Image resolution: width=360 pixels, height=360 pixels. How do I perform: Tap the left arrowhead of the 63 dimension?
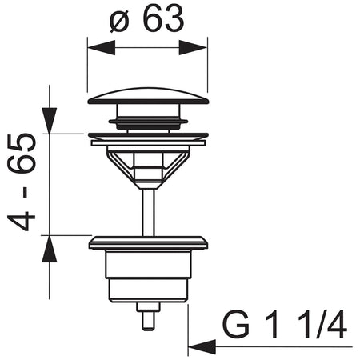point(102,48)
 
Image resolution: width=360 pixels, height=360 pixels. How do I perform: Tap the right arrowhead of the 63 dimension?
point(193,48)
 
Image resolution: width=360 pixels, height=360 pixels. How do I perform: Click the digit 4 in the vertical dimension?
point(22,221)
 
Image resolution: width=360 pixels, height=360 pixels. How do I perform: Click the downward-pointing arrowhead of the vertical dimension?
point(50,120)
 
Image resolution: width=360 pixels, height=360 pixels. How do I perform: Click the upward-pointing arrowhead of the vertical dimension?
point(50,249)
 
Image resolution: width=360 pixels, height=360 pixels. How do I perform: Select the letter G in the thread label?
point(236,325)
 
